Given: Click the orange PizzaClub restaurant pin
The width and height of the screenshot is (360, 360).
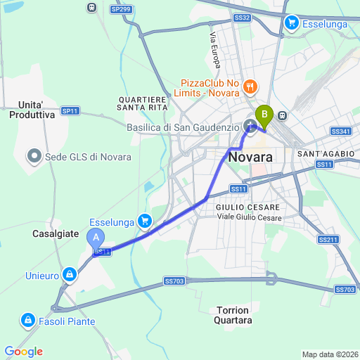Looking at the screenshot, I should pos(250,87).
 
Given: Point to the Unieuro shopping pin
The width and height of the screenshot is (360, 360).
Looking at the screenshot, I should pos(69,274).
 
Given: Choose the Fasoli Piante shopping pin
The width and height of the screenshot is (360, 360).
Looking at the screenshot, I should pos(27,321).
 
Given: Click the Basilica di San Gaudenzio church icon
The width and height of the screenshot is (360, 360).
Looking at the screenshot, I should pos(249,127).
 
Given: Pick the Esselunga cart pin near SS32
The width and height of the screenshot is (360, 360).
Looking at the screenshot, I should pos(292,23).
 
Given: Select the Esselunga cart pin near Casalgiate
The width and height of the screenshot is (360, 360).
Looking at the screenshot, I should pos(144,221).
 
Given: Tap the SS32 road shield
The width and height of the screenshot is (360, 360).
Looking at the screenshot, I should pos(242,17).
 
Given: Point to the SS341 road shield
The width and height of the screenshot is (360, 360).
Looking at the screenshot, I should pos(340,131).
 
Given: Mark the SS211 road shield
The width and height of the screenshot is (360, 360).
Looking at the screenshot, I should pos(328,240).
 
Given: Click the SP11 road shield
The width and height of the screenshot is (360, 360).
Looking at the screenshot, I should pos(70,111).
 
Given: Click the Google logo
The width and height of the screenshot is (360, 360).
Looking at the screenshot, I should pos(23,352).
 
